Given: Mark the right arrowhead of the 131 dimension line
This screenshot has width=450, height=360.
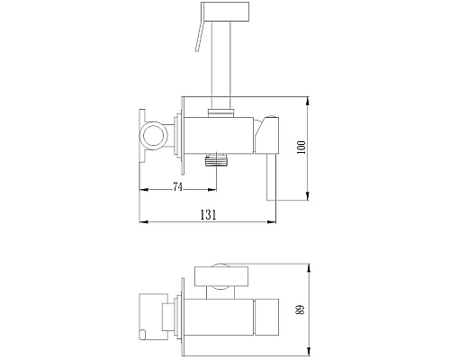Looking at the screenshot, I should (x=274, y=220).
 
